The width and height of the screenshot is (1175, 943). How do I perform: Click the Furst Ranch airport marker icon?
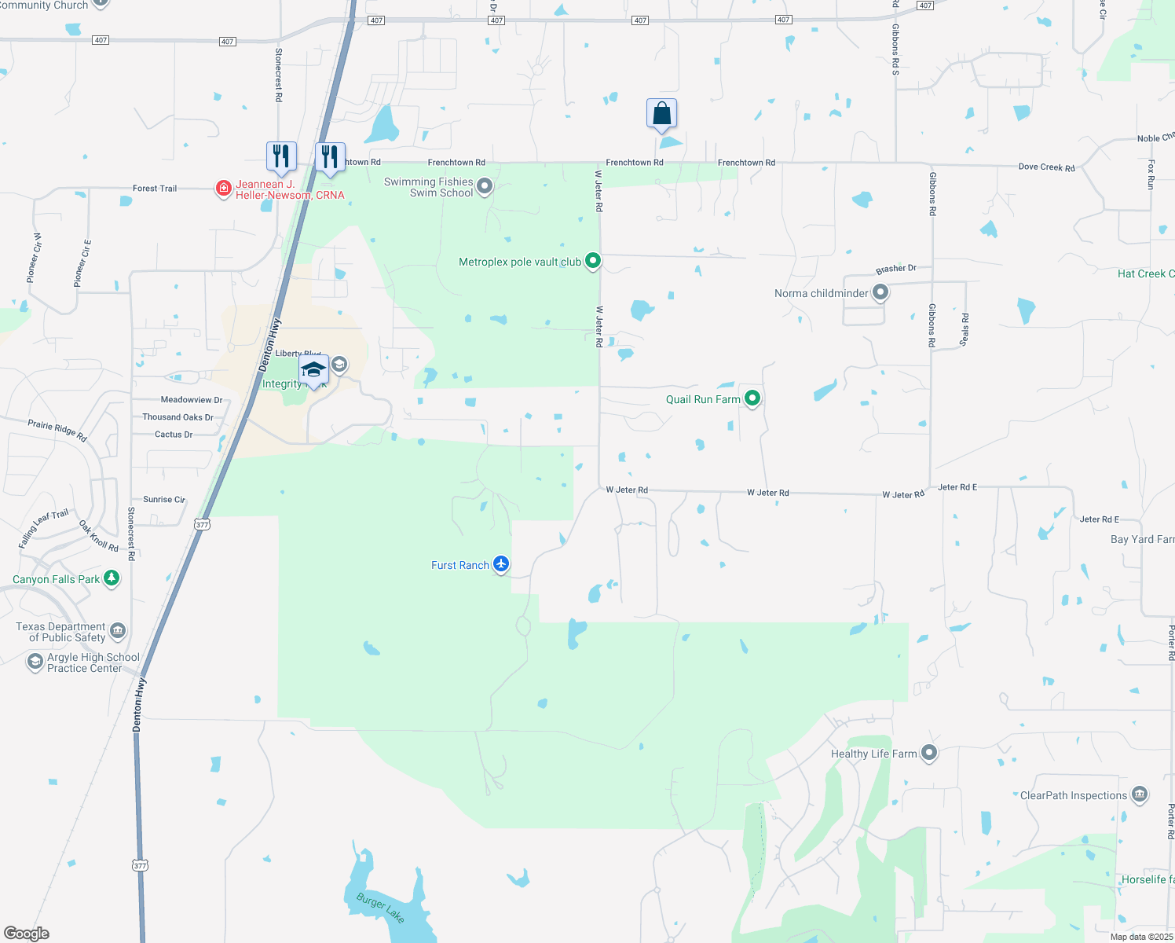(501, 564)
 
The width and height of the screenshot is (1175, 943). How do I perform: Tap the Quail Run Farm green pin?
(752, 398)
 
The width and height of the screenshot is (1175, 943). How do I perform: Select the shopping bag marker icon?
(662, 113)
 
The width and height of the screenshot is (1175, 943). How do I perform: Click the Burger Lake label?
(380, 907)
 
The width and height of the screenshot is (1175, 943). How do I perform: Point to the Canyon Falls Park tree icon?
(112, 579)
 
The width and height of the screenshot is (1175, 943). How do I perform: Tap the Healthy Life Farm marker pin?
(929, 753)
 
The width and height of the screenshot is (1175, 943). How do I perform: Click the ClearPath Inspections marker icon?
(1140, 794)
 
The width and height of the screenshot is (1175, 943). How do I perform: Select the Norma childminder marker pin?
(880, 292)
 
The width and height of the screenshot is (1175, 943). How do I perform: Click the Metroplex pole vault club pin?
(593, 261)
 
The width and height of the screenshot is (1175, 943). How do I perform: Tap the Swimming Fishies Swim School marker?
(485, 186)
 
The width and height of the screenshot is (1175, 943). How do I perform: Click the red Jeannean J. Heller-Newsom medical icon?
(224, 188)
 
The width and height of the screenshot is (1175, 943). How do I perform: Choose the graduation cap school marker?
(313, 369)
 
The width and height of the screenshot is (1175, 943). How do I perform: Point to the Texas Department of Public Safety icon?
(117, 630)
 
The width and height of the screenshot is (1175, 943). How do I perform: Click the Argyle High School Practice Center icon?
(35, 662)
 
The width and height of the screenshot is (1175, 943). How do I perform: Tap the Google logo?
(27, 934)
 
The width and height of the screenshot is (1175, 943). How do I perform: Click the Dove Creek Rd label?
(1046, 167)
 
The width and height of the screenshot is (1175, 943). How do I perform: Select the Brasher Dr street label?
(896, 269)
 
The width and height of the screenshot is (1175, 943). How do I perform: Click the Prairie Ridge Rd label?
(57, 430)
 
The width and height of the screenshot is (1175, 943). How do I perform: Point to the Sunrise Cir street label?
(164, 499)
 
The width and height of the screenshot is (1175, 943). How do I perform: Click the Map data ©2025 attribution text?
(1141, 937)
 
